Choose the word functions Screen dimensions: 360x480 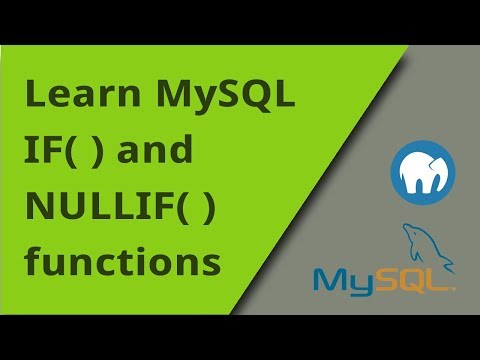[x=122, y=262]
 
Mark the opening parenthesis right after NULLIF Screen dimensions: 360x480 [x=165, y=209]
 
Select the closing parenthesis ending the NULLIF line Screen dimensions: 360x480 [x=206, y=209]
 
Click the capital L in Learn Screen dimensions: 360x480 [x=33, y=96]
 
